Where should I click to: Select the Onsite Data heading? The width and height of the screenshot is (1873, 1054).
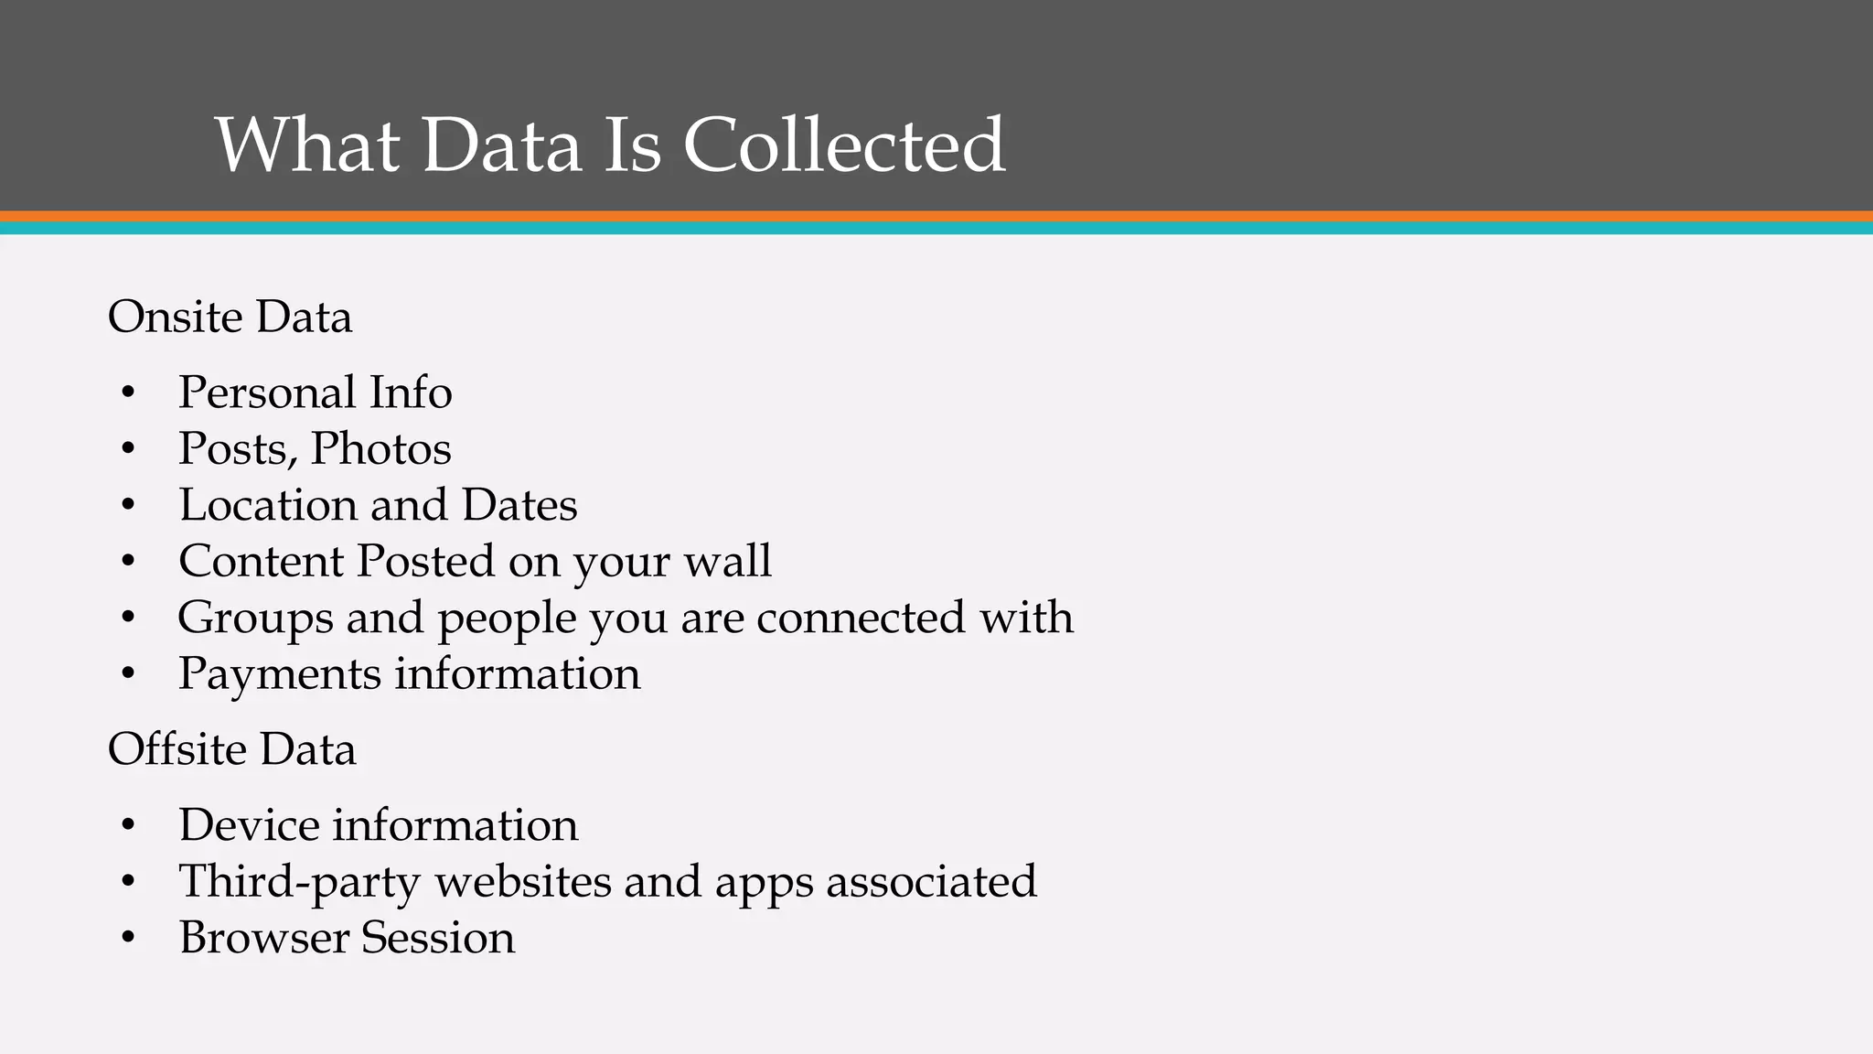tap(230, 317)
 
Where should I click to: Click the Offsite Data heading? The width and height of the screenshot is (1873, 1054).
tap(231, 749)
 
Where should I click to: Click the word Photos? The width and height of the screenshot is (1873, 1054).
tap(380, 449)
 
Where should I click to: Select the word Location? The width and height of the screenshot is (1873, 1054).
tap(267, 505)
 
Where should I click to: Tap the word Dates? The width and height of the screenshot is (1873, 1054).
tap(519, 505)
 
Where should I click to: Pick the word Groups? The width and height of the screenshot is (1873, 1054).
tap(255, 618)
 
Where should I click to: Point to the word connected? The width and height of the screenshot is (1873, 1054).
tap(862, 618)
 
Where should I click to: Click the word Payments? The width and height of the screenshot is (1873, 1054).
tap(279, 674)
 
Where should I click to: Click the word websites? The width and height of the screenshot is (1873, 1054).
tap(522, 882)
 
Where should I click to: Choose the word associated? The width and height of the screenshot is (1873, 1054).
tap(931, 882)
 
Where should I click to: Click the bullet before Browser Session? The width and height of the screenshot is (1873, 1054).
tap(128, 939)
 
